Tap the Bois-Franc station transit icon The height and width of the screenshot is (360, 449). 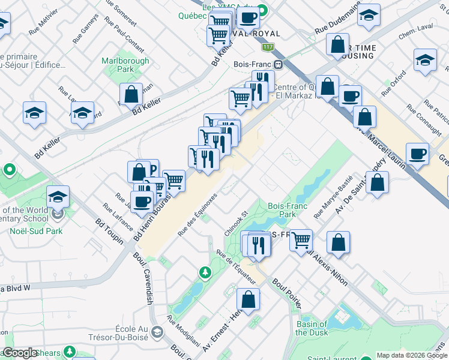pos(279,64)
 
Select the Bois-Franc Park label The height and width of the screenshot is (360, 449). pos(288,209)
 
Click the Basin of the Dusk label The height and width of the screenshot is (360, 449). pos(311,328)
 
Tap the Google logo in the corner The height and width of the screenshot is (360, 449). pos(20,353)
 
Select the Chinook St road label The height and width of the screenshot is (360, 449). pos(236,221)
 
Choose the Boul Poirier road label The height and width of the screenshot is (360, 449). pos(286,292)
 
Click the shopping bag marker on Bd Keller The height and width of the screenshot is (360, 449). pos(131,95)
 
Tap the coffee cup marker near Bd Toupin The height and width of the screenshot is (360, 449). pos(142,201)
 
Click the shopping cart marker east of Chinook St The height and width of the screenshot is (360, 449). pos(301,239)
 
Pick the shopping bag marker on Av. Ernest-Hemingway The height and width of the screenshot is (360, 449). pos(248,299)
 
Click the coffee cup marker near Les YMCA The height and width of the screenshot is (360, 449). pos(249,17)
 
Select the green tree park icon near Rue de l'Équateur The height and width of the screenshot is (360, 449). pos(205,274)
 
